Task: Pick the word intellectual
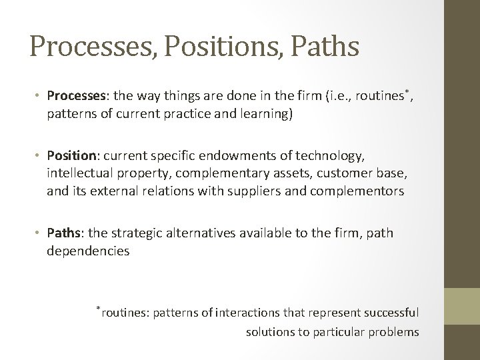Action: (78, 173)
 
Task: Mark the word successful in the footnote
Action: (390, 313)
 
